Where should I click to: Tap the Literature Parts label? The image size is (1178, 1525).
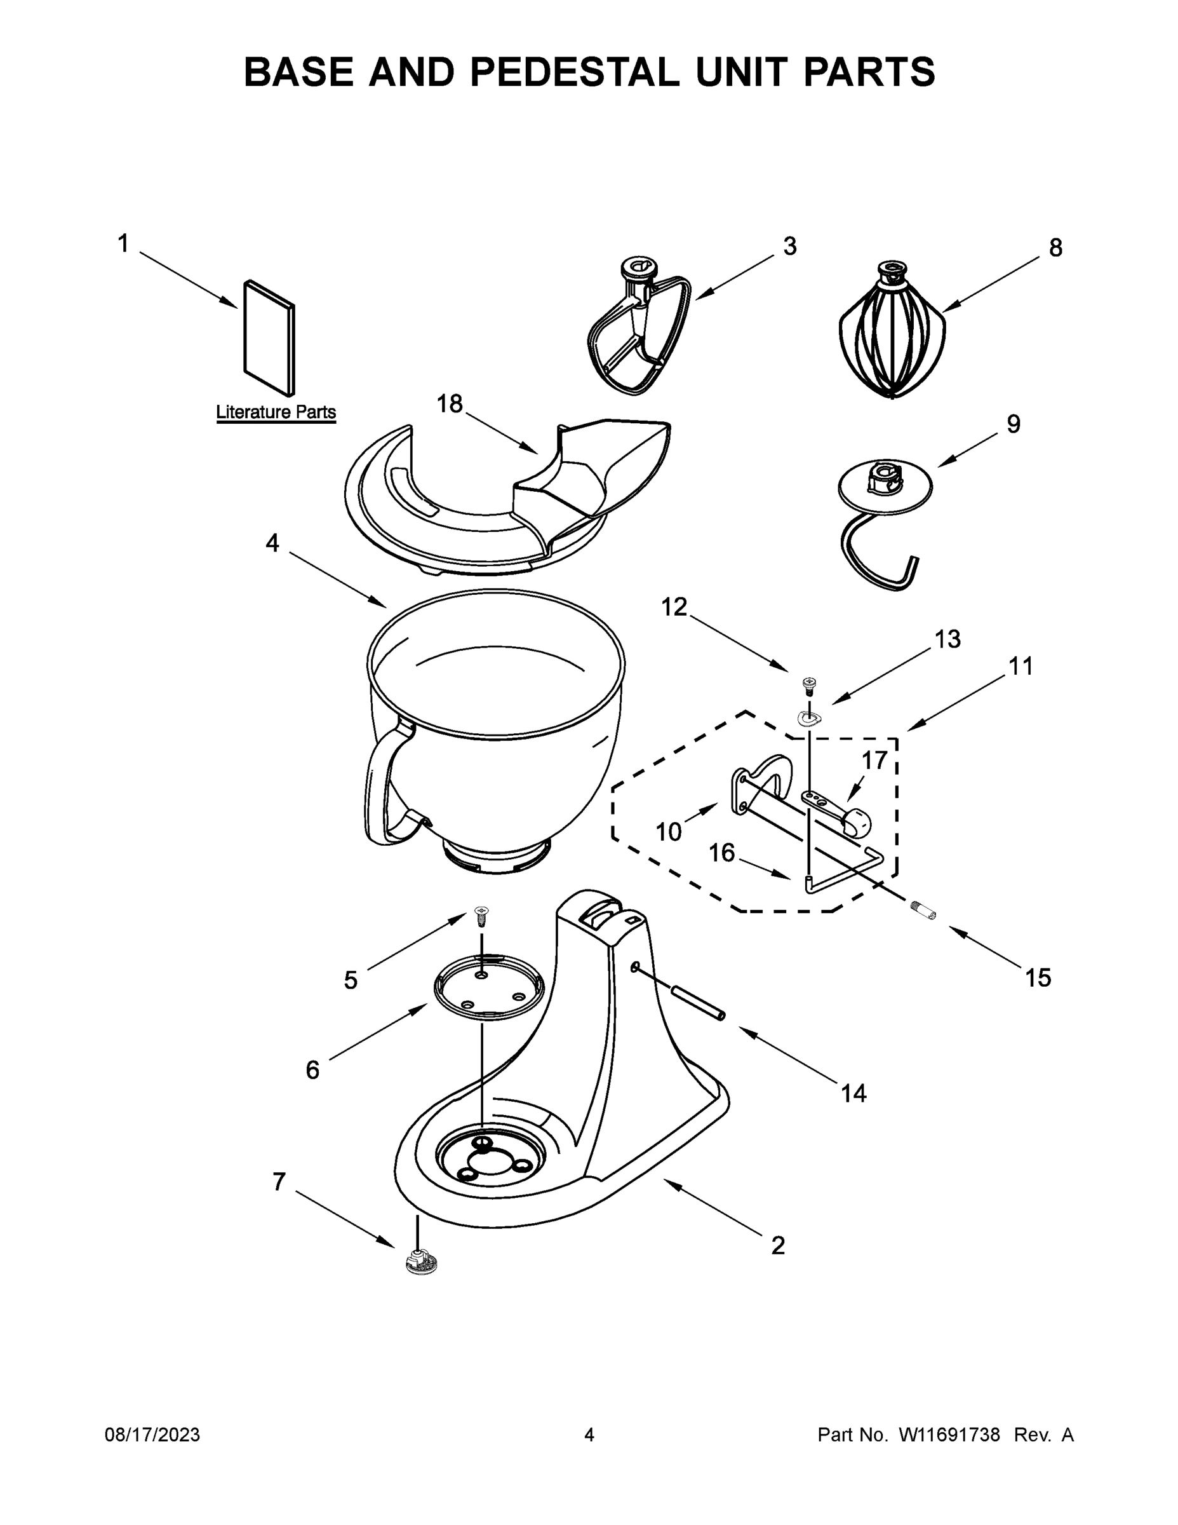(276, 412)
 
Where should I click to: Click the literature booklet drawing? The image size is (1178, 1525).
(269, 337)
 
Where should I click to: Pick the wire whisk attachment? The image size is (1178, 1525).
(891, 332)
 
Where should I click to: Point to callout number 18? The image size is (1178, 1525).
(450, 403)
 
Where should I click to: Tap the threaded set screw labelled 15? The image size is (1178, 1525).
(925, 910)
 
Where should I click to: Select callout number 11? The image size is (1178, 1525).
(1021, 666)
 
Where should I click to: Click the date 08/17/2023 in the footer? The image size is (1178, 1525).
(152, 1435)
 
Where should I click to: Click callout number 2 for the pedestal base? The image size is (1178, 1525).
(777, 1245)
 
